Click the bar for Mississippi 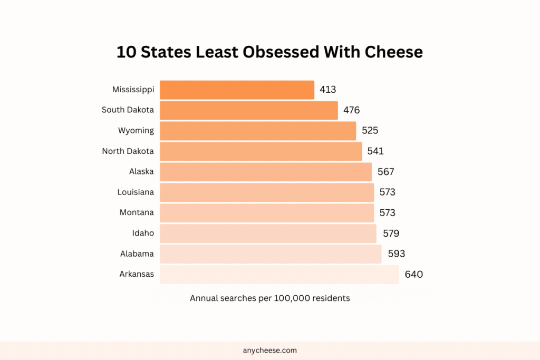237,90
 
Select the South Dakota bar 248,110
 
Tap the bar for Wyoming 258,131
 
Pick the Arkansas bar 279,275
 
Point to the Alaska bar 266,172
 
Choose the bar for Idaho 268,233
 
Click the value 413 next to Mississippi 327,90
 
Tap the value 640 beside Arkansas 413,275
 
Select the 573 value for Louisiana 387,192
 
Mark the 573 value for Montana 387,213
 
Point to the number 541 375,151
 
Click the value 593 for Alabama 396,254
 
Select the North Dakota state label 128,151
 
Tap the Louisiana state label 136,192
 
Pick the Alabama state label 137,254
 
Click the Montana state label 137,213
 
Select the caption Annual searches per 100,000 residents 269,298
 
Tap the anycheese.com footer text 270,350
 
